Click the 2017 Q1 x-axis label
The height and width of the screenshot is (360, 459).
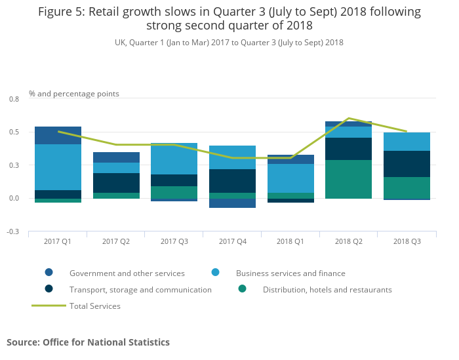point(58,241)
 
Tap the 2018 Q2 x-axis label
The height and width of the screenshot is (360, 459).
point(348,241)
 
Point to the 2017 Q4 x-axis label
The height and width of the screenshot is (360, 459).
point(232,241)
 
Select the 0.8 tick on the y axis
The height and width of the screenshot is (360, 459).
point(14,98)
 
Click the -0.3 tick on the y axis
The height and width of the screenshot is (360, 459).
point(13,231)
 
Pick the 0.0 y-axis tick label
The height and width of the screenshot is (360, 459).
point(14,198)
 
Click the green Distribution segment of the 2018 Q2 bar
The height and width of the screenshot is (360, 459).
point(348,179)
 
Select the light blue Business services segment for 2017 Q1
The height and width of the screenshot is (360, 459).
point(58,167)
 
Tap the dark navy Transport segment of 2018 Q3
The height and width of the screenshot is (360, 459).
point(407,164)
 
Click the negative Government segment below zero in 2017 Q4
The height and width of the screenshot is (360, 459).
point(232,203)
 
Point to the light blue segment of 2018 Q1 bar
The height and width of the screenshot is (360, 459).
point(290,178)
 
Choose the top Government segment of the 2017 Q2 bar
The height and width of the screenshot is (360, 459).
point(116,157)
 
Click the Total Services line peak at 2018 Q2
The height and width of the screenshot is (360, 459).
point(348,118)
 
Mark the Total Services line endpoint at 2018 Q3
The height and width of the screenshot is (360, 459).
point(407,131)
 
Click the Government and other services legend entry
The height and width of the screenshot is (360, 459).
point(127,273)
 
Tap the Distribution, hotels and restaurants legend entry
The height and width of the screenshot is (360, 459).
point(327,289)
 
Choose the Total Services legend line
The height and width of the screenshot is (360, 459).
point(49,306)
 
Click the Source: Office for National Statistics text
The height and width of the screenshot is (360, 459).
point(88,342)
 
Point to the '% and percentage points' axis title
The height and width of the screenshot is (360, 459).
point(74,94)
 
